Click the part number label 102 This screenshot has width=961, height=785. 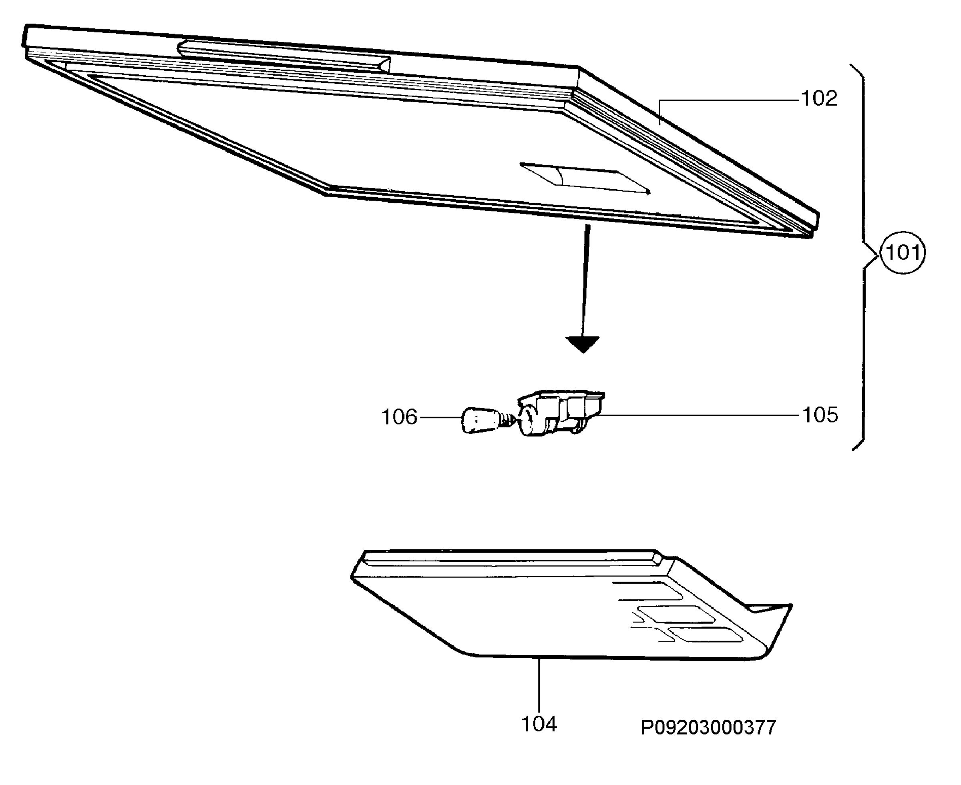(819, 98)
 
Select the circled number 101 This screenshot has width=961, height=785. (903, 252)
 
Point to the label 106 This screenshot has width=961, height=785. (399, 417)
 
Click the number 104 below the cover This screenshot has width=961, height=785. (539, 723)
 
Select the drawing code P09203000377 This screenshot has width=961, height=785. (708, 727)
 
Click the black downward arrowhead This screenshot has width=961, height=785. (583, 344)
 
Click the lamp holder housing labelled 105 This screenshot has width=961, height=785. (561, 413)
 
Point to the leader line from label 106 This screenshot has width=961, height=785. (441, 417)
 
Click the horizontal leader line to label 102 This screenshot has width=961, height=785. (728, 100)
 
